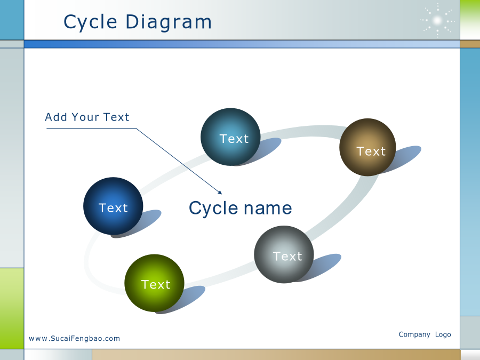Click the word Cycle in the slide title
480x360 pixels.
point(90,22)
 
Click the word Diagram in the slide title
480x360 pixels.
point(169,22)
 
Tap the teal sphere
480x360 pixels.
point(230,137)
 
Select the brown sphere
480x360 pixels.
point(367,147)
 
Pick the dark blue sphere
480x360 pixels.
point(113,206)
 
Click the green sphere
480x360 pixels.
point(154,283)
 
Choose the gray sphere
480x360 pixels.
point(284,254)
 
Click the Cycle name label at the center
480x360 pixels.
point(241,209)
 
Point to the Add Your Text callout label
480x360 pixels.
point(87,117)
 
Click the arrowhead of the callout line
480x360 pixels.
point(220,193)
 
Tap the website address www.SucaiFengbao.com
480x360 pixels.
point(74,339)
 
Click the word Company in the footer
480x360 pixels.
point(414,334)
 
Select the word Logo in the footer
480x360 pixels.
point(443,334)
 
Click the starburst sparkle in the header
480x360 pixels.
point(437,21)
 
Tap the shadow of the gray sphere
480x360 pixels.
point(322,266)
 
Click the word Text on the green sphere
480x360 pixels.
point(156,285)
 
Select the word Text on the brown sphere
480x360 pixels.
point(371,151)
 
